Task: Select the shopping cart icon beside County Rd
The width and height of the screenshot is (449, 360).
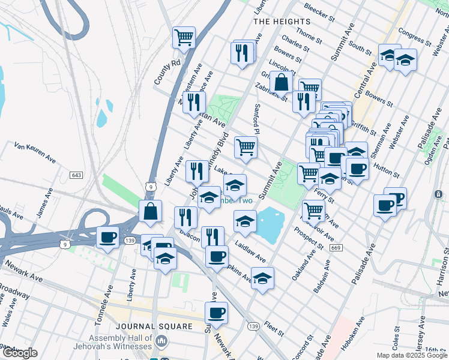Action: pyautogui.click(x=184, y=38)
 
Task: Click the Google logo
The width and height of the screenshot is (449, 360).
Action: pyautogui.click(x=20, y=353)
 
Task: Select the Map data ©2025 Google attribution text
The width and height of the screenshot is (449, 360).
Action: pyautogui.click(x=412, y=355)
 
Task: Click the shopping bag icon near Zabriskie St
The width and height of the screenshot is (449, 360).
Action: pyautogui.click(x=281, y=82)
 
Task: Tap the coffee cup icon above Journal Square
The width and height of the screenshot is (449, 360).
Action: pyautogui.click(x=216, y=312)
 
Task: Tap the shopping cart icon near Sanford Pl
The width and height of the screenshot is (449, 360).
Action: pyautogui.click(x=246, y=147)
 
